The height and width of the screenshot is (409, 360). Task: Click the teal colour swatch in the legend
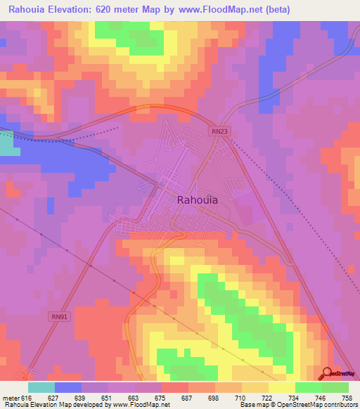point(41,387)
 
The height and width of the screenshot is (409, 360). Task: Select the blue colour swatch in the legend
point(68,387)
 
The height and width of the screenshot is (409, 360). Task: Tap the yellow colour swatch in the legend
point(281,387)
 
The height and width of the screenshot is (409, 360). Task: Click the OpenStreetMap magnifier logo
point(327,374)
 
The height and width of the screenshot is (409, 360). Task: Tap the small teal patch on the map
point(6,143)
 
